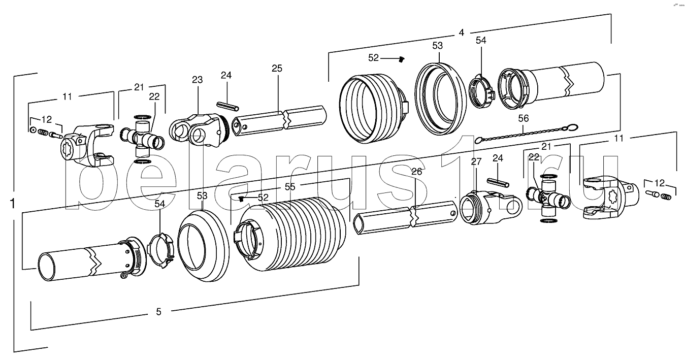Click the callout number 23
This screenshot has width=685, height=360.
coord(197,80)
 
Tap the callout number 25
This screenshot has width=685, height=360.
coord(277,68)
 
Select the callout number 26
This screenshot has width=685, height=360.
coord(416,172)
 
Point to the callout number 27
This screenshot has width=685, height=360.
coord(476,161)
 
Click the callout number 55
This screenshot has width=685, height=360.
coord(290,186)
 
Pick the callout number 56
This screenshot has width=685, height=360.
coord(524,118)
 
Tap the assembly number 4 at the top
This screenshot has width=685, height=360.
coord(462,32)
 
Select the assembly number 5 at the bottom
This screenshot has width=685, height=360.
coord(158,312)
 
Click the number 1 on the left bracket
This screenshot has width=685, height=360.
coord(13,204)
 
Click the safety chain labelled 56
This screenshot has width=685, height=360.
coord(526,133)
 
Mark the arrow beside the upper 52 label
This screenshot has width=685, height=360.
coord(389,58)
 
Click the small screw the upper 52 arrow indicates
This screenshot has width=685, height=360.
coord(401,59)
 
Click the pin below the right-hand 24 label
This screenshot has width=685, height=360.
coord(498,182)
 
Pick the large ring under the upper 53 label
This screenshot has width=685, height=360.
coord(440,98)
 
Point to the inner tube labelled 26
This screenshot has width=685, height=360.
coord(405,217)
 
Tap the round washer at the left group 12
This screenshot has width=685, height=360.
coord(32,130)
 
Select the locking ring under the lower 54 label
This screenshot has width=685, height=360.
coord(160,250)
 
